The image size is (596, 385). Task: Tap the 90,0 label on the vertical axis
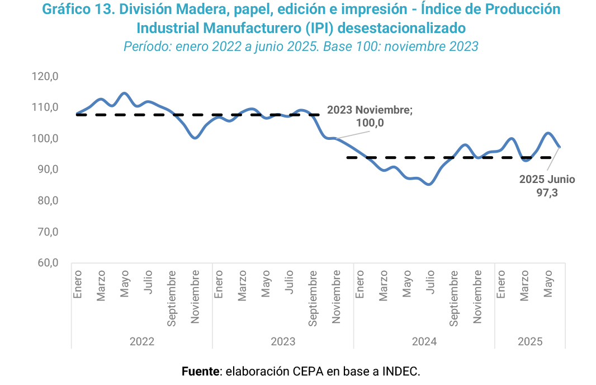tap(49, 170)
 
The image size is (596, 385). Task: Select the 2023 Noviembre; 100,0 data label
tap(370, 116)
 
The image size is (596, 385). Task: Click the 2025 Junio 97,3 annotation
tap(547, 186)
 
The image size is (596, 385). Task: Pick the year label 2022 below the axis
tap(142, 341)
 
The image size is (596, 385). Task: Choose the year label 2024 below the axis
tap(424, 341)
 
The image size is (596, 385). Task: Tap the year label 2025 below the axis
tap(530, 341)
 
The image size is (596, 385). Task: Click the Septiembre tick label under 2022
tap(172, 298)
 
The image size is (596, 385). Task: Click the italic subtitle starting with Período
tap(301, 46)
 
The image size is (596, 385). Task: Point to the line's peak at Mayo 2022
tap(124, 93)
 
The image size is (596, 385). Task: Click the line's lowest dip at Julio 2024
tap(429, 184)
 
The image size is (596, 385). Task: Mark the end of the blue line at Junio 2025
tap(560, 147)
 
